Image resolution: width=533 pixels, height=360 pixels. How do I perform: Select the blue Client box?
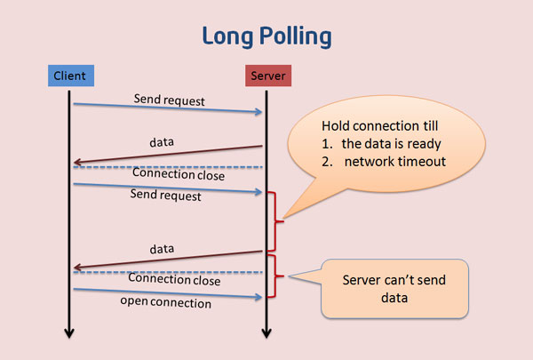[68, 76]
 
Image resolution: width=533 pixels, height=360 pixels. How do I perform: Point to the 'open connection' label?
[167, 304]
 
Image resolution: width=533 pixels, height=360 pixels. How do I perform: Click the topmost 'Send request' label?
[169, 100]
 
